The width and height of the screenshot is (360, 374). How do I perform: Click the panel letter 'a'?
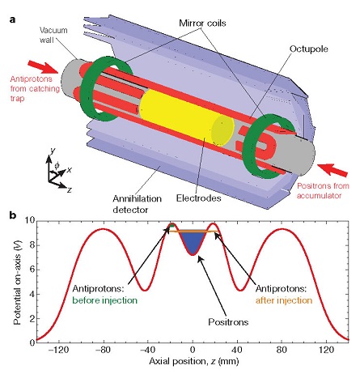pyautogui.click(x=12, y=19)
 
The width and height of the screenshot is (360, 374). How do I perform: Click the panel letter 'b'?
pyautogui.click(x=13, y=215)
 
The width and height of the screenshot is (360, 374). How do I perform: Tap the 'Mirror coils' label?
pyautogui.click(x=202, y=23)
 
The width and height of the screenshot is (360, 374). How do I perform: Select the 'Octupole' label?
pyautogui.click(x=309, y=49)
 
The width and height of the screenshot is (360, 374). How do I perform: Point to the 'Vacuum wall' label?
pyautogui.click(x=53, y=35)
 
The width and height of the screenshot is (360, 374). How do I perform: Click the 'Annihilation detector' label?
pyautogui.click(x=138, y=204)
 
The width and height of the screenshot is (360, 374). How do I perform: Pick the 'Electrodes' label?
pyautogui.click(x=199, y=198)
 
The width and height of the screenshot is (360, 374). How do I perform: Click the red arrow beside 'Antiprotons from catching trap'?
pyautogui.click(x=43, y=67)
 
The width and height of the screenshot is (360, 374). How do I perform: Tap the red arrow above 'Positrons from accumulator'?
pyautogui.click(x=332, y=170)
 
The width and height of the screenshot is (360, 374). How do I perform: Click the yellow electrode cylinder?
pyautogui.click(x=186, y=117)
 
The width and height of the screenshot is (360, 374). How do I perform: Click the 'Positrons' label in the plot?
pyautogui.click(x=228, y=322)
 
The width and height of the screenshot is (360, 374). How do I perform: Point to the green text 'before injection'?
pyautogui.click(x=105, y=300)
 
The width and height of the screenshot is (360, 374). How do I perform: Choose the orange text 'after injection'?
pyautogui.click(x=284, y=300)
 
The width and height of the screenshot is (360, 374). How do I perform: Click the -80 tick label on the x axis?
pyautogui.click(x=103, y=350)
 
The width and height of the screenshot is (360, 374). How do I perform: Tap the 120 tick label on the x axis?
pyautogui.click(x=327, y=350)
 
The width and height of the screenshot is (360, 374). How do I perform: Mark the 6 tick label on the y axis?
pyautogui.click(x=32, y=270)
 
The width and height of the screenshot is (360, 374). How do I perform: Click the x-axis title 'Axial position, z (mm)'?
pyautogui.click(x=194, y=361)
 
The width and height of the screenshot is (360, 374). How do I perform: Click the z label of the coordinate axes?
pyautogui.click(x=70, y=189)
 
